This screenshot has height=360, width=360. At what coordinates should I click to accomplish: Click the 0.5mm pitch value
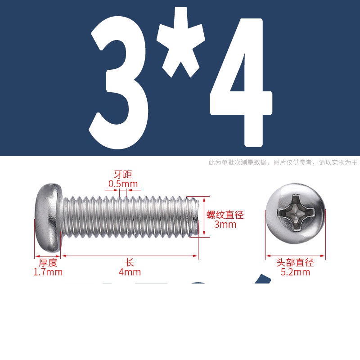123,184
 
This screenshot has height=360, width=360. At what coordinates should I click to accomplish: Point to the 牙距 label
123,175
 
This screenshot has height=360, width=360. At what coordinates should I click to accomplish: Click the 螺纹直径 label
225,215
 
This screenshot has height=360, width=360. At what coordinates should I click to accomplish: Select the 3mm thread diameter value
225,224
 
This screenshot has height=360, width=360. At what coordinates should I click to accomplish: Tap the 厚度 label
48,263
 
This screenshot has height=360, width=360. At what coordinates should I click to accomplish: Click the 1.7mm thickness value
48,272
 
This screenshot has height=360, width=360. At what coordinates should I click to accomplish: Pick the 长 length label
130,263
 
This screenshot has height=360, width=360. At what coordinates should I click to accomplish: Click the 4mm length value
130,272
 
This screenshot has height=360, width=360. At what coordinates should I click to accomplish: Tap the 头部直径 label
295,263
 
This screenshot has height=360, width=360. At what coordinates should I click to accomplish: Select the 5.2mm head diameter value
295,272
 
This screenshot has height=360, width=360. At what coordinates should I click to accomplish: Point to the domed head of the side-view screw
49,217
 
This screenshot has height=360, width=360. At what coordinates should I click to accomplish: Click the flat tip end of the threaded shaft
196,216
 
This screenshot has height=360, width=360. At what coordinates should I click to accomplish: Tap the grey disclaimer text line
283,162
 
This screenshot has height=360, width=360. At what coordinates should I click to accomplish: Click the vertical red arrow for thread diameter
204,217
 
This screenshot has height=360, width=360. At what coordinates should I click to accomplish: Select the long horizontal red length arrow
130,256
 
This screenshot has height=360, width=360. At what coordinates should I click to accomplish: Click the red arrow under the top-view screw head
296,256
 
